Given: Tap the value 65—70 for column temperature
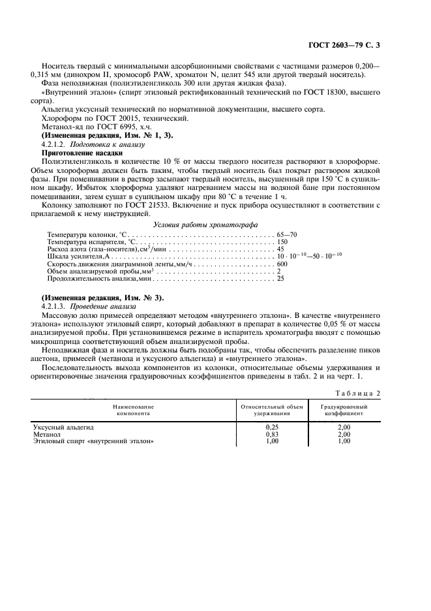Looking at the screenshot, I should [288, 234].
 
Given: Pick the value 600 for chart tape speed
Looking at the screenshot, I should [282, 264].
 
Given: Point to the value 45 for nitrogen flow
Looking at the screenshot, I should [280, 249].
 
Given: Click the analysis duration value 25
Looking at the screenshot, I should [280, 279].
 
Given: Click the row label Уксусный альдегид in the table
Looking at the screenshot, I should [64, 426].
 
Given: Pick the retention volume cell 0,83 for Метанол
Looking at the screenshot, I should [272, 433].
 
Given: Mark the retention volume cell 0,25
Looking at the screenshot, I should [272, 426].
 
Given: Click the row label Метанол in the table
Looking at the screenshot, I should [46, 433].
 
